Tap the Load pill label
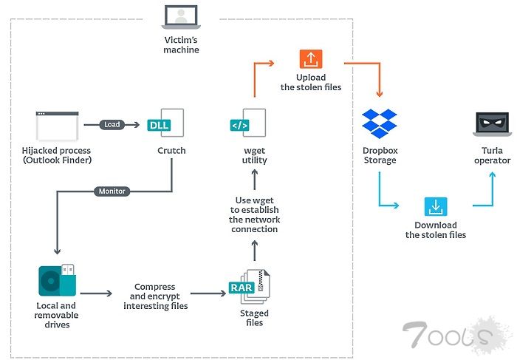click(x=112, y=124)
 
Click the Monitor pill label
click(x=111, y=191)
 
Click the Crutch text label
click(x=171, y=151)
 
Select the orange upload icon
click(x=310, y=59)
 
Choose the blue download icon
click(x=435, y=206)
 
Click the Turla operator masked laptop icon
click(x=491, y=125)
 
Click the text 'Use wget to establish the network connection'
click(x=254, y=215)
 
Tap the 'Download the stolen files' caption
click(x=435, y=230)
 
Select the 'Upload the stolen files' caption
click(x=310, y=83)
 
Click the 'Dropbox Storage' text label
click(x=380, y=156)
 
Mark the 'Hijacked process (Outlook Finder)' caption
click(x=56, y=156)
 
